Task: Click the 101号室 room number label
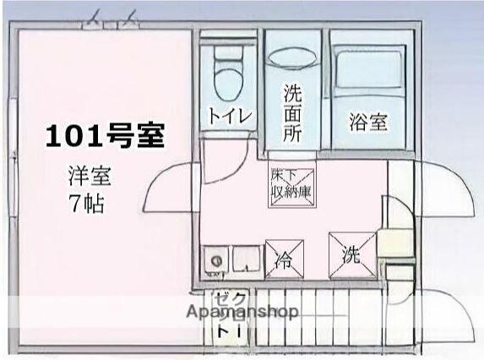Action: coord(104,135)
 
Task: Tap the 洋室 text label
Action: coord(90,177)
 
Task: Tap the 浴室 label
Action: coord(368,122)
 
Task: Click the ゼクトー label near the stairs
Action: coord(231,317)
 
